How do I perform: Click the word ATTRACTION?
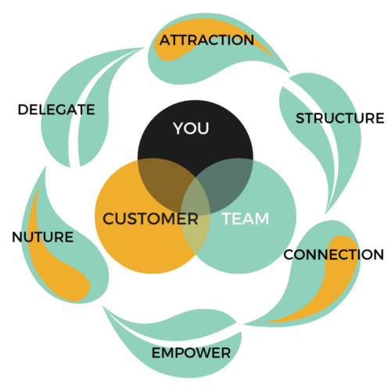point(206,40)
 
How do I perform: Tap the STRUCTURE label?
point(340,118)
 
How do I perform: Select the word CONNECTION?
point(334,255)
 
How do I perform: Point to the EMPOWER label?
point(191,353)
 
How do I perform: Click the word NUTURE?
point(43,237)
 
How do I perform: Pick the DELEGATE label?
point(56,109)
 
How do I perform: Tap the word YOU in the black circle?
point(191,128)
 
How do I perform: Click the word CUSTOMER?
point(150,218)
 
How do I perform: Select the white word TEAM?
point(246,218)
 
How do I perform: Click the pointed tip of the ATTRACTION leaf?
point(289,73)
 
